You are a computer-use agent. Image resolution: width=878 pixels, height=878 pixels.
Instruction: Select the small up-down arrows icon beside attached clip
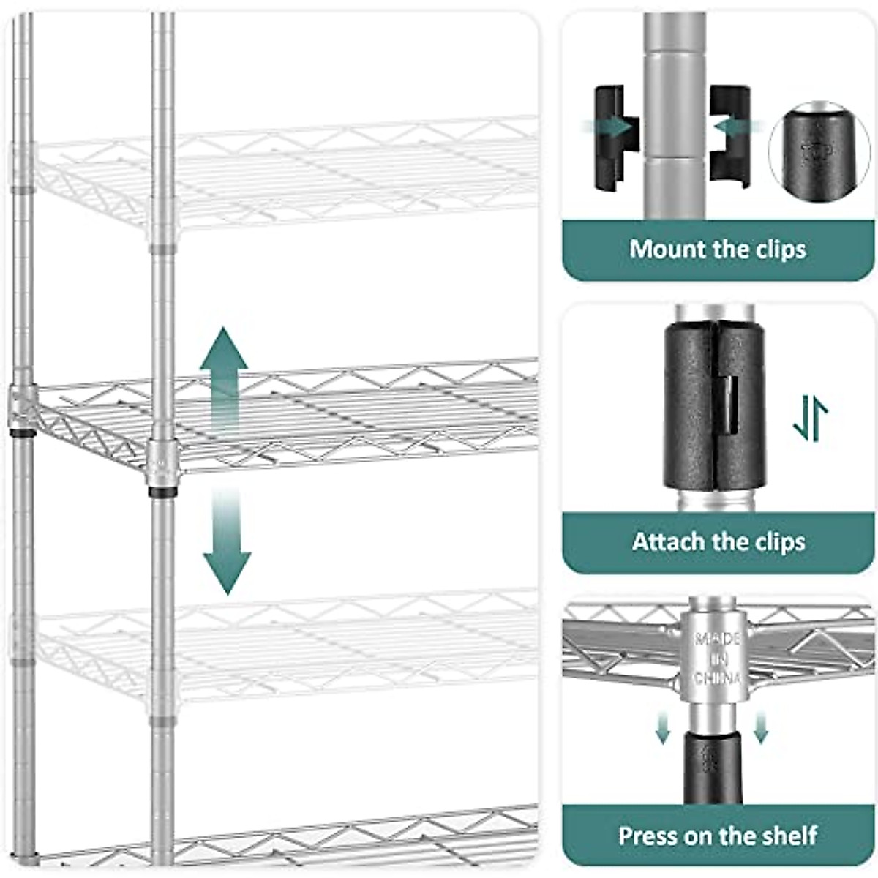point(810,418)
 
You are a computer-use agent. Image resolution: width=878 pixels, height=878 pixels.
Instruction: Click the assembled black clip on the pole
point(714,407)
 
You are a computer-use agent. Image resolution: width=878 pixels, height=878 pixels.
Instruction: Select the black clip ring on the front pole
point(161,492)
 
